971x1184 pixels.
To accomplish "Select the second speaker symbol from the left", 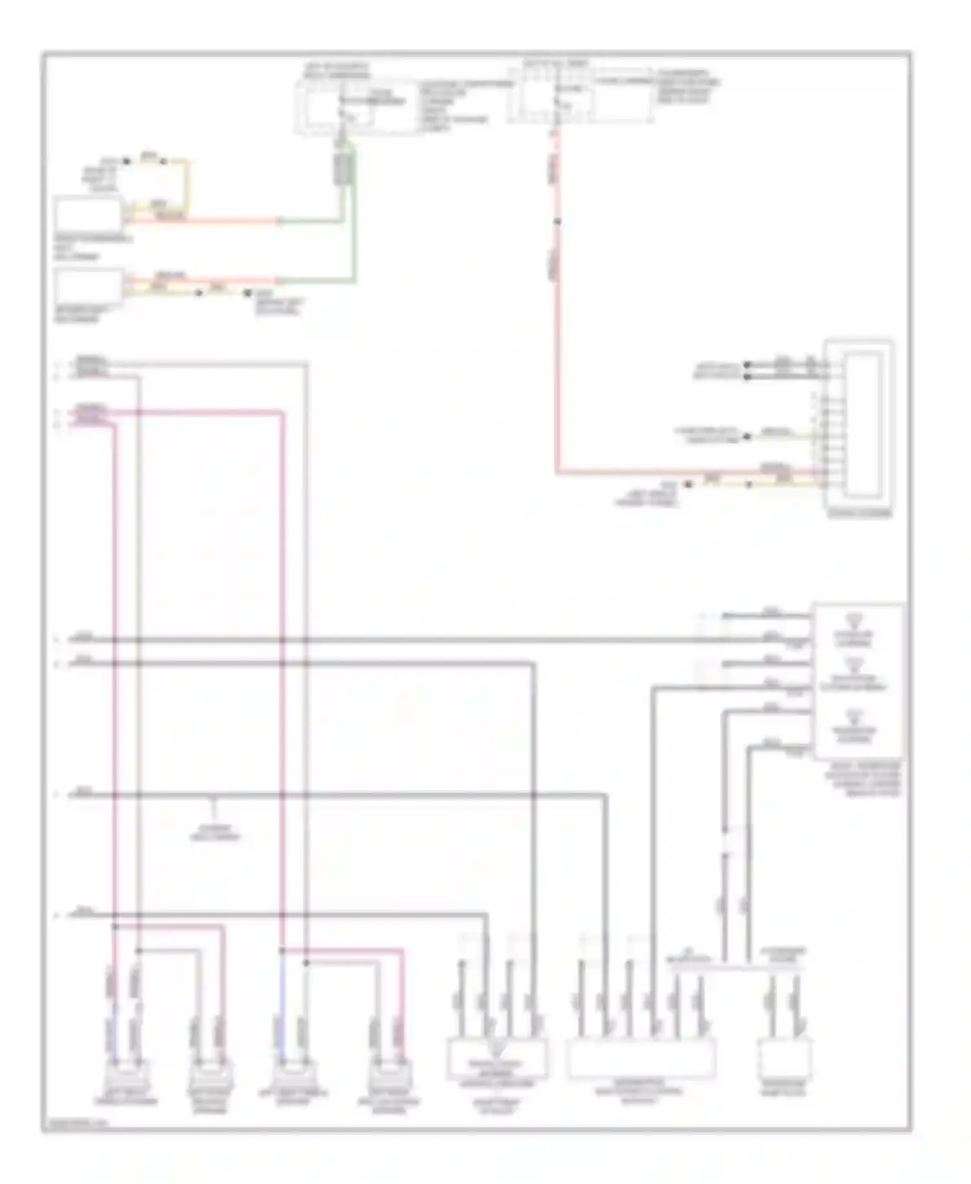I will (210, 1077).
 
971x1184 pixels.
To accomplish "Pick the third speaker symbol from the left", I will (293, 1077).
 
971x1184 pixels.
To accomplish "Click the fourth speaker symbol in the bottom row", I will (387, 1077).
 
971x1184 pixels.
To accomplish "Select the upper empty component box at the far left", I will (89, 214).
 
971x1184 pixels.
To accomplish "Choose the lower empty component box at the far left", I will (89, 287).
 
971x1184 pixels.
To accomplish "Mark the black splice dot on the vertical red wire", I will (556, 222).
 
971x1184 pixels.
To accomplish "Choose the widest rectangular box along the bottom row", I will (641, 1058).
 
